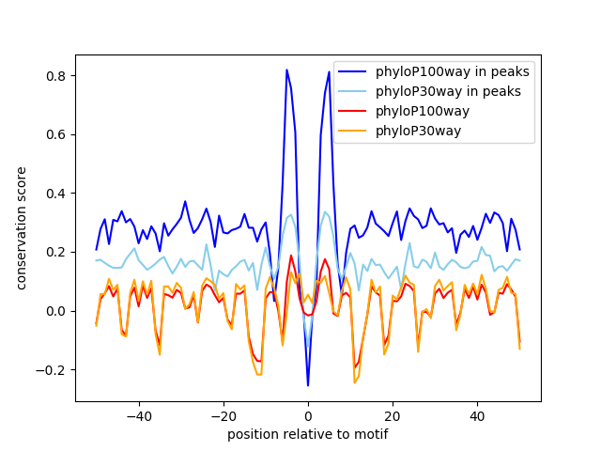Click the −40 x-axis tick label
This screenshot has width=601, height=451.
[138, 416]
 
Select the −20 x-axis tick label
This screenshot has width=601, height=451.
[223, 416]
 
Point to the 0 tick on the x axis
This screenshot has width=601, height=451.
[308, 416]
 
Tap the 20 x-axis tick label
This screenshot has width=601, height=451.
[393, 416]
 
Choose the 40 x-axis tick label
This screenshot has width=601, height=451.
[477, 416]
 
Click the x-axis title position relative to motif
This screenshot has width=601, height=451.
[307, 434]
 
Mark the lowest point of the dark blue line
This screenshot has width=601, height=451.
[308, 385]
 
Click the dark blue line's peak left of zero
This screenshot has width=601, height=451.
[286, 70]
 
